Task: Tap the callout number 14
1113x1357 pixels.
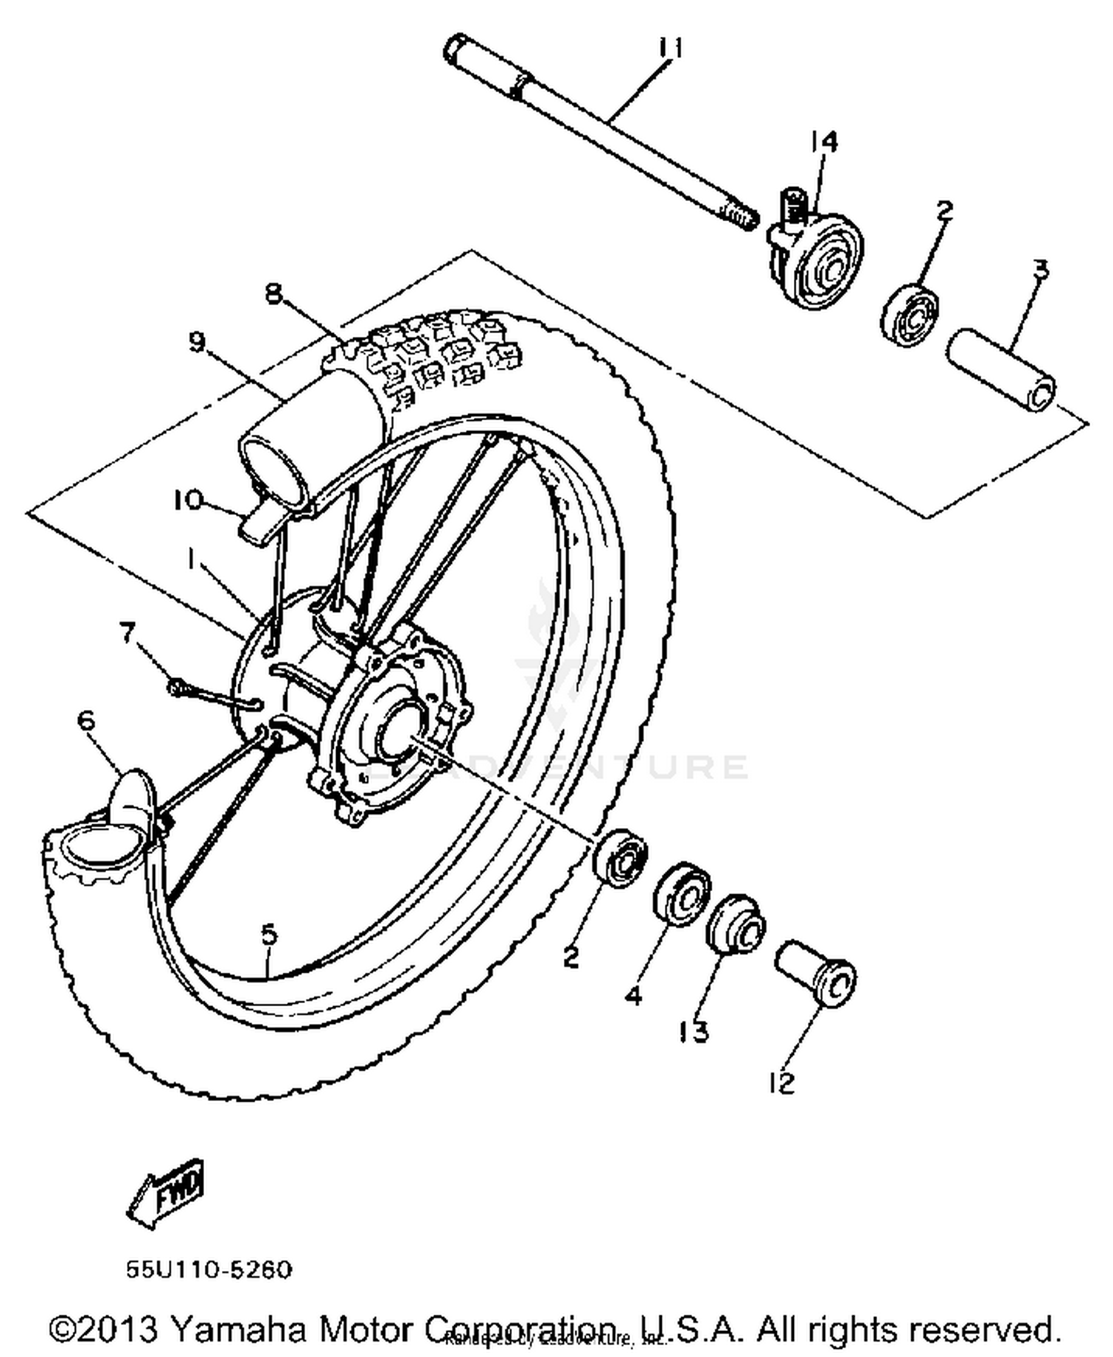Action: (x=824, y=141)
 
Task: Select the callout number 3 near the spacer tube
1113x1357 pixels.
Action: (x=1041, y=269)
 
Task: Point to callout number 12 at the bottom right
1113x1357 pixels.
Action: (x=782, y=1083)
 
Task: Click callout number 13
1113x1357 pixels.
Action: (x=694, y=1031)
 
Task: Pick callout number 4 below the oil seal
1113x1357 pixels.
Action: (x=633, y=996)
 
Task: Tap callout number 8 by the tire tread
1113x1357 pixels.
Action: (x=274, y=294)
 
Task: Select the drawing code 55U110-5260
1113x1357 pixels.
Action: (x=209, y=1269)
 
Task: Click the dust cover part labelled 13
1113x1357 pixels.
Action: (x=735, y=923)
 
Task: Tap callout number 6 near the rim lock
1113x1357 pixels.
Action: (x=87, y=720)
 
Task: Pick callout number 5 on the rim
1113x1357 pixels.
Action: (x=269, y=933)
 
